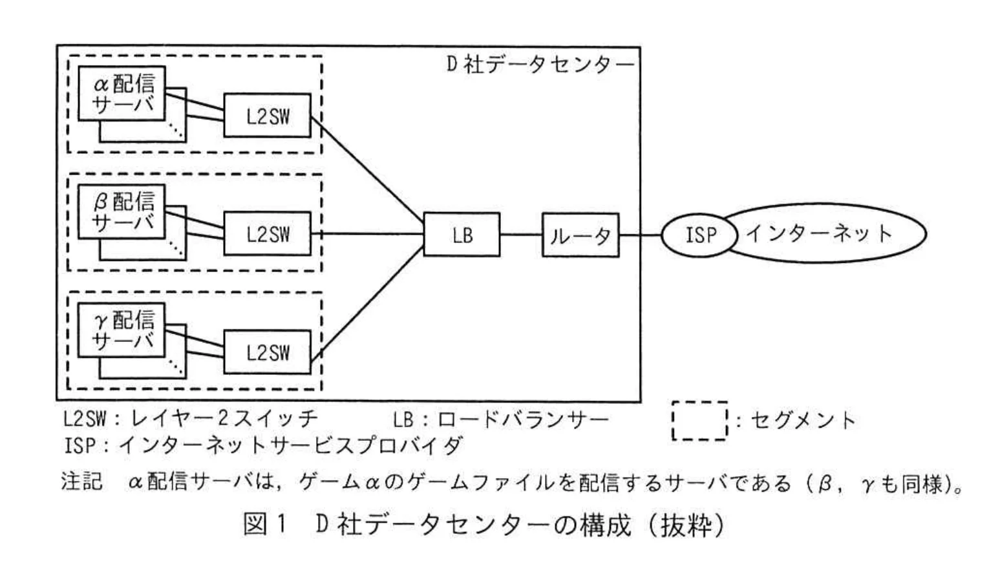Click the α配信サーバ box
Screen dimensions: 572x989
click(122, 93)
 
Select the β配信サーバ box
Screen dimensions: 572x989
click(122, 211)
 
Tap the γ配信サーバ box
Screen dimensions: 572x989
click(122, 330)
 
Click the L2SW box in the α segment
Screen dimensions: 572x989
click(267, 116)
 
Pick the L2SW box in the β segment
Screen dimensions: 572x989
click(267, 234)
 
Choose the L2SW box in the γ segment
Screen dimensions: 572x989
click(267, 352)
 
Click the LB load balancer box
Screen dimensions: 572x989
click(462, 235)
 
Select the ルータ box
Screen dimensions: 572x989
click(580, 235)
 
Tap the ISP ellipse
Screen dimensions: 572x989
click(699, 235)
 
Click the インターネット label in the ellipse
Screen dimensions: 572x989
click(820, 233)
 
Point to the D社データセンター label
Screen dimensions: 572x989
click(540, 65)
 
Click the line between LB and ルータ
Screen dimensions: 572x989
click(520, 235)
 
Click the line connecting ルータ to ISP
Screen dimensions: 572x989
click(640, 235)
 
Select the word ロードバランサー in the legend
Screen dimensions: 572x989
click(523, 420)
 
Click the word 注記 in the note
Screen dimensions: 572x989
click(81, 482)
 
